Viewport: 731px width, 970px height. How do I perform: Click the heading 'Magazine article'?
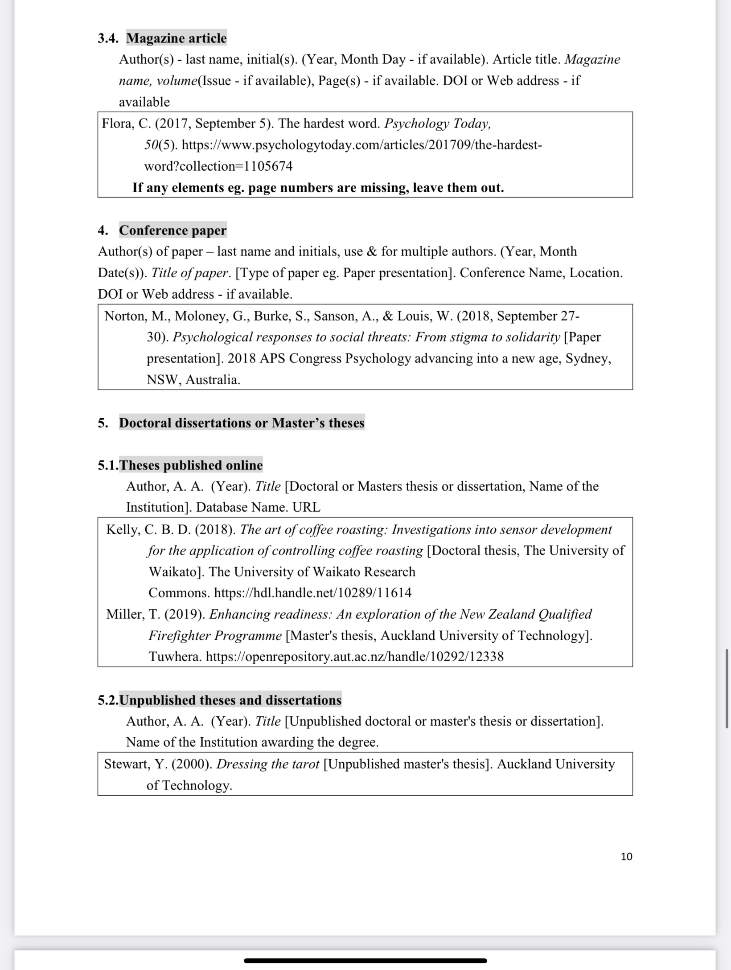pyautogui.click(x=177, y=38)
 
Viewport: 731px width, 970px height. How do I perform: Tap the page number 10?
pyautogui.click(x=626, y=856)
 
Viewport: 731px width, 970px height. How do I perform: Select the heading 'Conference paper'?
pyautogui.click(x=172, y=230)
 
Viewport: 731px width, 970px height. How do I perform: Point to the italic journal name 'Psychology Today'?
pyautogui.click(x=437, y=123)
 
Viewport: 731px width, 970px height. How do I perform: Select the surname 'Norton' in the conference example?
pyautogui.click(x=124, y=316)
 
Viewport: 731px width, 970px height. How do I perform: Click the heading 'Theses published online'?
pyautogui.click(x=191, y=465)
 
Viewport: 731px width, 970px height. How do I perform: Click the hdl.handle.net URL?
pyautogui.click(x=313, y=593)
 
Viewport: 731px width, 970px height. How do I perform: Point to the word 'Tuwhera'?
pyautogui.click(x=175, y=657)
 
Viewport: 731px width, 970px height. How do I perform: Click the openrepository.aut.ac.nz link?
pyautogui.click(x=355, y=657)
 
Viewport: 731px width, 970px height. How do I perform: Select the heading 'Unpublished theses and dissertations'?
pyautogui.click(x=230, y=700)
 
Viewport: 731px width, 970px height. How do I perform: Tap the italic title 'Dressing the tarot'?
pyautogui.click(x=268, y=764)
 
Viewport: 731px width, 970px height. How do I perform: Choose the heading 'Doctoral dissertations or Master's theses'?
pyautogui.click(x=242, y=423)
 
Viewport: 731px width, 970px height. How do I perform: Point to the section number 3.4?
pyautogui.click(x=108, y=38)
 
